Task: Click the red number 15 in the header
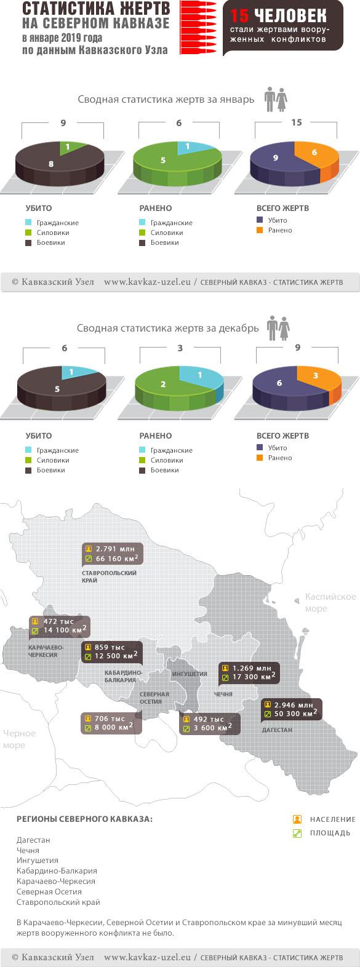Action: coord(239,16)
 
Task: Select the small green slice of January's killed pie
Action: coord(67,147)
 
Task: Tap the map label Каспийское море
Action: coord(330,603)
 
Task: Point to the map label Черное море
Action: coord(18,739)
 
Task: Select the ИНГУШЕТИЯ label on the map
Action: coord(189,674)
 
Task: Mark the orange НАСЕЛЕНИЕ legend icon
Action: coord(297,819)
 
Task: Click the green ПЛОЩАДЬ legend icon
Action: coord(297,833)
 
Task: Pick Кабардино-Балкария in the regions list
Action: coord(57,870)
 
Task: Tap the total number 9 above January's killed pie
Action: coord(63,123)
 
